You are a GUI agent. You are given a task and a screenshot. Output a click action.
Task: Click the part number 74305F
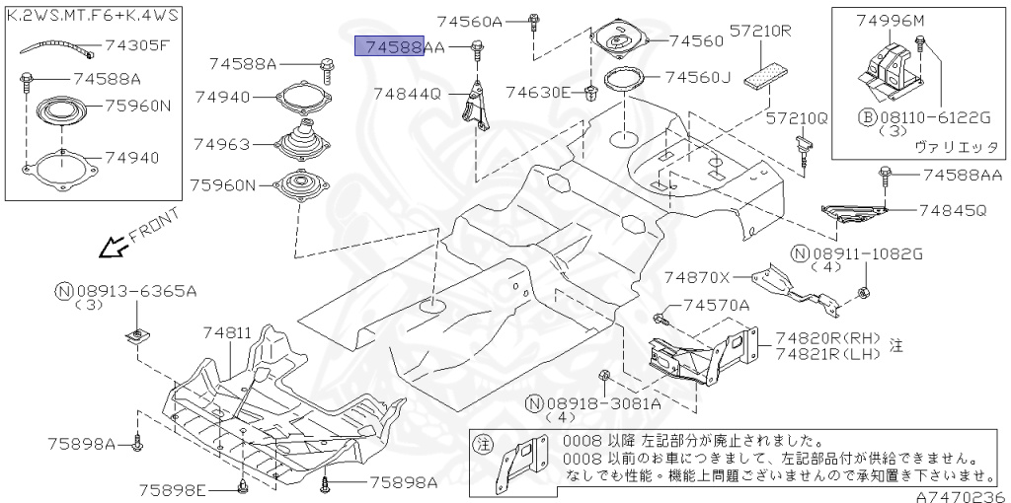(x=136, y=44)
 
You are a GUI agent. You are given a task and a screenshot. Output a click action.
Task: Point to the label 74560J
(x=697, y=77)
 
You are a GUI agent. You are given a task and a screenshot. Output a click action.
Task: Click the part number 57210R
(x=761, y=31)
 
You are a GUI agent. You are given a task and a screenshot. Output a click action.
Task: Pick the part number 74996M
(x=891, y=21)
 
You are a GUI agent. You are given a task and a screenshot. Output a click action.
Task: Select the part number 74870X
(x=697, y=277)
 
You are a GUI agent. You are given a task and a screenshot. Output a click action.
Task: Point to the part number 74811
(x=228, y=334)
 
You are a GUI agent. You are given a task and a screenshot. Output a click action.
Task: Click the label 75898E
(x=172, y=489)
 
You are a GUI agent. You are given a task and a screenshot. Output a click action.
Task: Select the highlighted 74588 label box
(x=392, y=45)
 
